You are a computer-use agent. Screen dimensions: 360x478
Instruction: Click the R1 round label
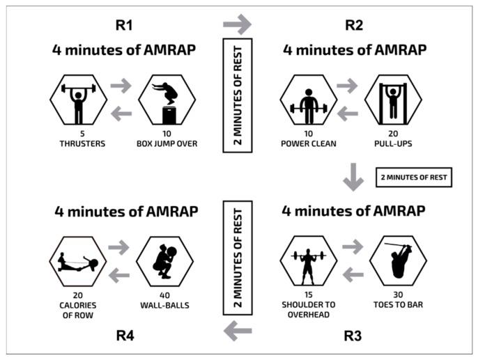125,26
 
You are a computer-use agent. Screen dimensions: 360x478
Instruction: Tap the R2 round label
355,26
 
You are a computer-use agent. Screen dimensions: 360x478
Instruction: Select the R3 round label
355,336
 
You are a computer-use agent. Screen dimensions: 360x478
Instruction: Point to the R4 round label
125,336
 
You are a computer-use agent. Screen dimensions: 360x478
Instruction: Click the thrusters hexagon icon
78,100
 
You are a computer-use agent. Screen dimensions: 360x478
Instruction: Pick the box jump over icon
166,100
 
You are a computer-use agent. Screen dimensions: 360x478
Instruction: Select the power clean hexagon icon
308,100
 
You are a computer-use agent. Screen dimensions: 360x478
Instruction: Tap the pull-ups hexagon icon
394,100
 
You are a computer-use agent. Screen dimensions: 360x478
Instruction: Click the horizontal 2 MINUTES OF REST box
414,178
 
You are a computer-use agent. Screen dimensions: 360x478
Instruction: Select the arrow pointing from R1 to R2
237,24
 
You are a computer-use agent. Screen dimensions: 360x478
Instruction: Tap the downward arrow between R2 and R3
353,178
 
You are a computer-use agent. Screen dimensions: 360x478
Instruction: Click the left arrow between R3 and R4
238,332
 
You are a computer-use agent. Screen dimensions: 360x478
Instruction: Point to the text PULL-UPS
394,144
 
